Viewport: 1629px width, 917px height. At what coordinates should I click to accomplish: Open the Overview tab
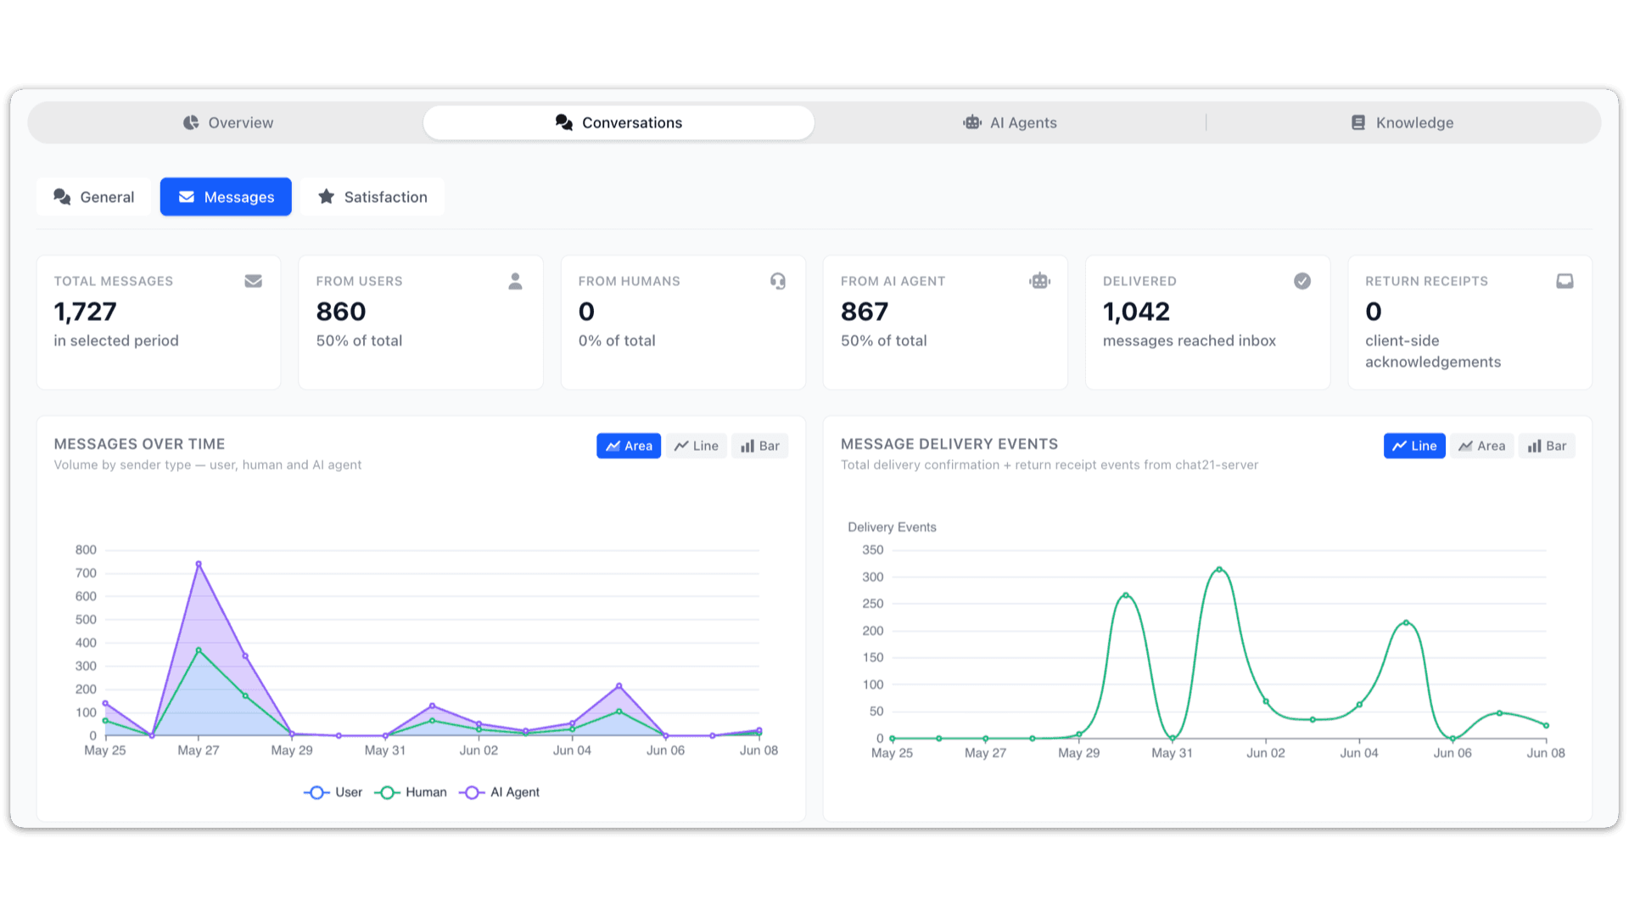[x=228, y=123]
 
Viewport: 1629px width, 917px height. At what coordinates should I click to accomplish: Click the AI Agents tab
[x=1010, y=123]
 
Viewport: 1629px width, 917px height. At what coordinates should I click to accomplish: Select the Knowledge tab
[x=1402, y=123]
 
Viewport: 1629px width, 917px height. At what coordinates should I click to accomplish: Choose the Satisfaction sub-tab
[x=372, y=197]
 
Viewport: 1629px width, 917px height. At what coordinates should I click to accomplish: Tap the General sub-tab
[x=93, y=197]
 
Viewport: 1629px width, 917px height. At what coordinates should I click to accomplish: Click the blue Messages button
[x=226, y=197]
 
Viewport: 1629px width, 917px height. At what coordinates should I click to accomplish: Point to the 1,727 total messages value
[x=85, y=312]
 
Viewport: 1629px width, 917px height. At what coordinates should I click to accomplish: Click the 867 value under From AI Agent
[x=865, y=312]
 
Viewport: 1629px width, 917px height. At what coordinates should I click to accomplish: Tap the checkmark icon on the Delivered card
[x=1302, y=281]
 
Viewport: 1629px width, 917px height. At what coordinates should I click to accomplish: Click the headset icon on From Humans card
[x=778, y=281]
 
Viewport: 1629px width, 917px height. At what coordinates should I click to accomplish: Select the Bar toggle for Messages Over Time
[x=760, y=446]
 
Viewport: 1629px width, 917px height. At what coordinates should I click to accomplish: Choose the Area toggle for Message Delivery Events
[x=1482, y=446]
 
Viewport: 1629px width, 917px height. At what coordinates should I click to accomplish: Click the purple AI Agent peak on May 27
[x=199, y=564]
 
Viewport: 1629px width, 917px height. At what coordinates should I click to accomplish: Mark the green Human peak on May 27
[x=199, y=650]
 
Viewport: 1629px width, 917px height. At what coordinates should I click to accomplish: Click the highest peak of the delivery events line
[x=1219, y=569]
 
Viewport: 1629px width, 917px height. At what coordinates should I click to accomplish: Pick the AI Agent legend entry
[x=500, y=792]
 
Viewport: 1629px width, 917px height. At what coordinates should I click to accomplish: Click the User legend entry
[x=333, y=792]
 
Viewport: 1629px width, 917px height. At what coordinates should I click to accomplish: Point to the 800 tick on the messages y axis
[x=86, y=550]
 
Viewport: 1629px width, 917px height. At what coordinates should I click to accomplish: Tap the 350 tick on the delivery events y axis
[x=873, y=550]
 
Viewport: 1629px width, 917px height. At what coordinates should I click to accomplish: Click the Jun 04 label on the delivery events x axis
[x=1359, y=753]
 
